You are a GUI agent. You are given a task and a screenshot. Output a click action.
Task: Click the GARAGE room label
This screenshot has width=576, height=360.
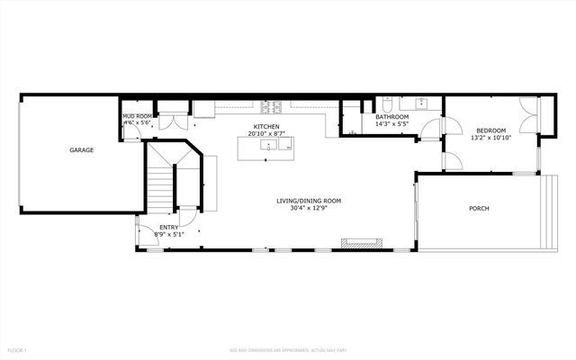(x=81, y=150)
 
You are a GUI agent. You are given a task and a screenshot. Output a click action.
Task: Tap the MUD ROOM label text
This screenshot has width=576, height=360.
(x=136, y=116)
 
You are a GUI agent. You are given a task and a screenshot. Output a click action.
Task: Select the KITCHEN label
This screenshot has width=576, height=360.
(x=266, y=127)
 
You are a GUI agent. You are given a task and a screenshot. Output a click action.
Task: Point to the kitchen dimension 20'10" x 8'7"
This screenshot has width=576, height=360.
(x=266, y=134)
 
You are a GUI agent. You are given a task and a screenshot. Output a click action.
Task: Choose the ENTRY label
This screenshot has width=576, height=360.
(x=168, y=228)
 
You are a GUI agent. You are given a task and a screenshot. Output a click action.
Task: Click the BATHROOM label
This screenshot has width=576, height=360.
(x=391, y=117)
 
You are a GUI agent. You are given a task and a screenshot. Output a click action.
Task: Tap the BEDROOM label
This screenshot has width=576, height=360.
(x=491, y=130)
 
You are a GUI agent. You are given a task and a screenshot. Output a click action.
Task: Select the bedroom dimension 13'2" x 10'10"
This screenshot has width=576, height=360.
(x=491, y=138)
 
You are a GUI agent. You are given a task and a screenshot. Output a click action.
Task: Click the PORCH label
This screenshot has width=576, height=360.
(x=479, y=209)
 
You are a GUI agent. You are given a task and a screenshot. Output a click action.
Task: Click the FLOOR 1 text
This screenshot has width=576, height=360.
(x=19, y=349)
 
